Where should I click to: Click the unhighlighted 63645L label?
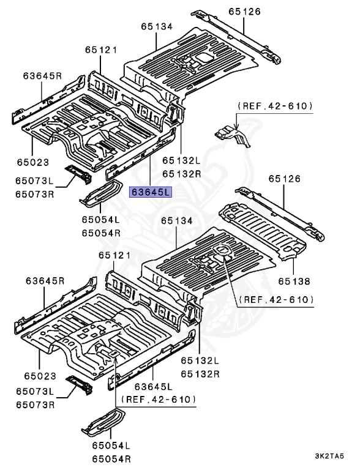click(154, 387)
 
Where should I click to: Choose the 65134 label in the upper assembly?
click(156, 27)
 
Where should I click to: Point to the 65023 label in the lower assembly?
click(39, 376)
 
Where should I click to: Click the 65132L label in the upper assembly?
click(182, 160)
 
